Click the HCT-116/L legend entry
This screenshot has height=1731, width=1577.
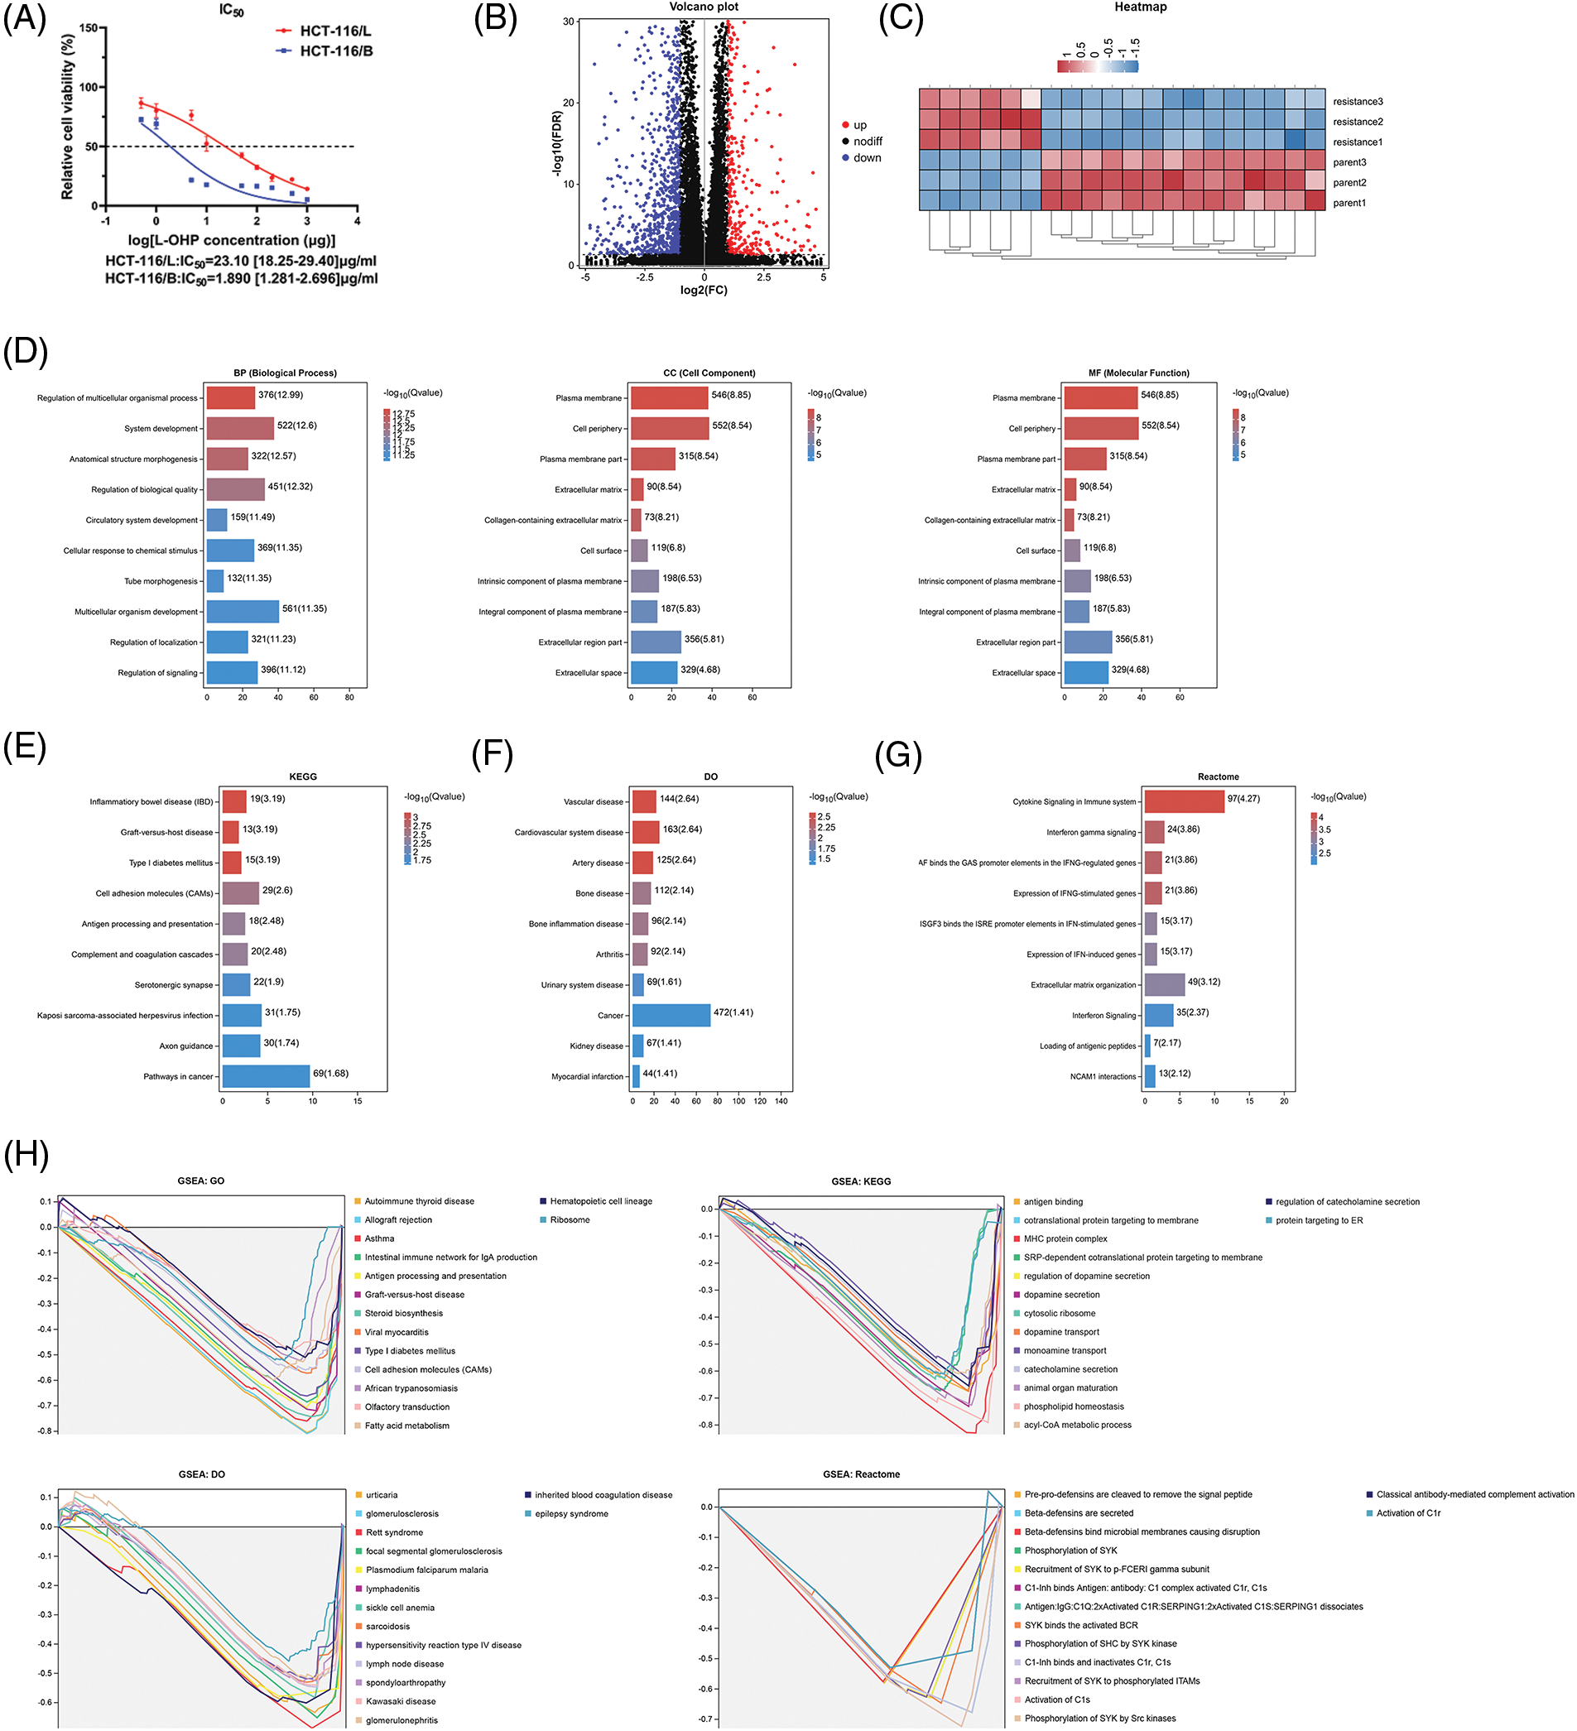click(334, 31)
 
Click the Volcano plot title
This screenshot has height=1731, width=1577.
click(703, 7)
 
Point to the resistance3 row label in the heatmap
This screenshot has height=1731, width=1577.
click(1358, 101)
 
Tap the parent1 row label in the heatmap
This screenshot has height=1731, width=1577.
click(1349, 203)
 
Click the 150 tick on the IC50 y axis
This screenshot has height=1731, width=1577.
click(89, 27)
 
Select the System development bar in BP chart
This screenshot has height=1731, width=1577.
click(239, 428)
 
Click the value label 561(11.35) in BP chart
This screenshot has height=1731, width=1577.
click(304, 608)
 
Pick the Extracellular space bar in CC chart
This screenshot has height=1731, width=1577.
click(653, 672)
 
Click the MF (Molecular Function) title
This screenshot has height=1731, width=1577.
click(1138, 373)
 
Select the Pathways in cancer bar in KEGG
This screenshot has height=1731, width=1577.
click(265, 1076)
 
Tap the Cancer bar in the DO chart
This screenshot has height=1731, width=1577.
click(671, 1015)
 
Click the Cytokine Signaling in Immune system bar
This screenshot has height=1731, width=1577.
click(1183, 801)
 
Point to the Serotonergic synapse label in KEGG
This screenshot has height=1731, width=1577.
click(173, 985)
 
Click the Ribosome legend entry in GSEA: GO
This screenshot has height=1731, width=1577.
click(570, 1219)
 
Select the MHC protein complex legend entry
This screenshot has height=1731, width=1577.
click(1065, 1238)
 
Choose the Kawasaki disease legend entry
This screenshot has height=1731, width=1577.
click(400, 1700)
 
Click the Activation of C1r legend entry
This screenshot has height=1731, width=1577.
click(1407, 1513)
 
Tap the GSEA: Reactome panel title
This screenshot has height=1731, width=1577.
click(860, 1474)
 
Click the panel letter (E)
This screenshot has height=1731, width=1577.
click(25, 745)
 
